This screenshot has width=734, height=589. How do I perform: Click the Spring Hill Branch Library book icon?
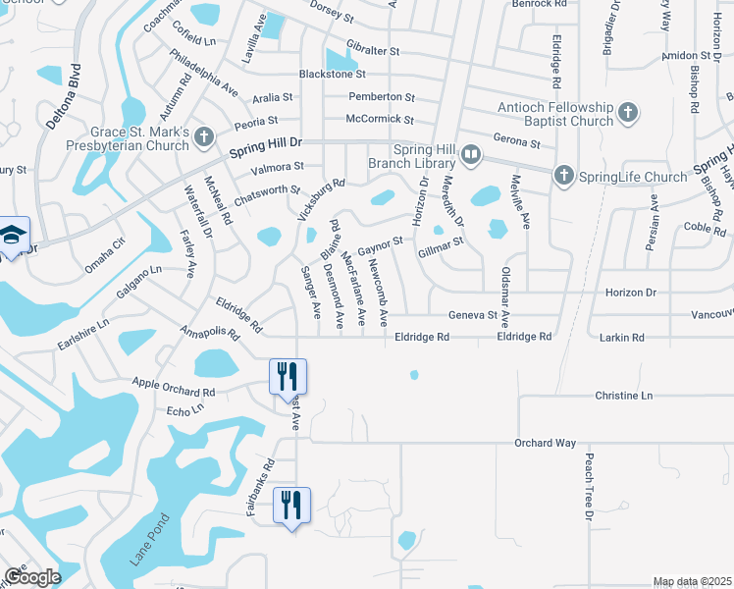tap(472, 155)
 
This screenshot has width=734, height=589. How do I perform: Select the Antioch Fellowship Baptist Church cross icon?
tap(628, 114)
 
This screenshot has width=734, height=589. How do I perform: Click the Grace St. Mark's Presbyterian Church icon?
tap(204, 136)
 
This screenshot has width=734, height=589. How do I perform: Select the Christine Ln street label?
tap(623, 395)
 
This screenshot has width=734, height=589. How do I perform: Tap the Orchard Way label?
tap(545, 443)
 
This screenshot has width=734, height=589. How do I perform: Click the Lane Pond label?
tap(146, 539)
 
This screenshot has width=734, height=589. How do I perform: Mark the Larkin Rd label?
tap(624, 337)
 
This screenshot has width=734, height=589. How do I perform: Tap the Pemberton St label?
tap(383, 97)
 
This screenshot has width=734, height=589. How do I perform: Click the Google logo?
tap(32, 577)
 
